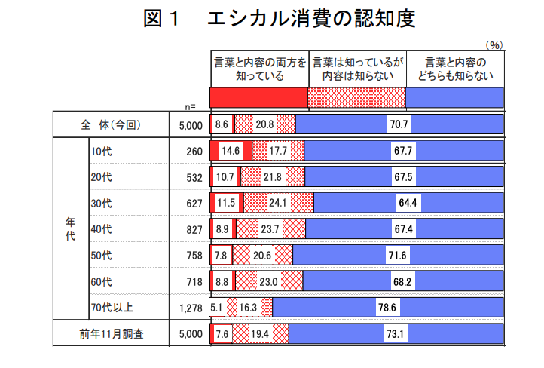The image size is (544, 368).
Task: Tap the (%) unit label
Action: coord(494,45)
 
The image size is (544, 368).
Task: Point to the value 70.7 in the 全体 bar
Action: coord(399,125)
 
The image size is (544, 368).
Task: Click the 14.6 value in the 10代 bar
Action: coord(231,151)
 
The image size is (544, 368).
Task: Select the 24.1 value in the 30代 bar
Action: coord(279,204)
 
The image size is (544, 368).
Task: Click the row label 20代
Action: coord(100,177)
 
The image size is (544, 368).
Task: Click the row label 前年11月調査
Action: coord(109,333)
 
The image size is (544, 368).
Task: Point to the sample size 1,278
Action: coord(191,308)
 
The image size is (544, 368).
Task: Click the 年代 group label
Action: coord(70,229)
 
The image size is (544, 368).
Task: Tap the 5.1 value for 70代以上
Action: coord(217,308)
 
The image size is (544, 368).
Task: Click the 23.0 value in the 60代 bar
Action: coord(269,281)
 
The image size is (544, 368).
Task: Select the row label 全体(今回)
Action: coord(110,125)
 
